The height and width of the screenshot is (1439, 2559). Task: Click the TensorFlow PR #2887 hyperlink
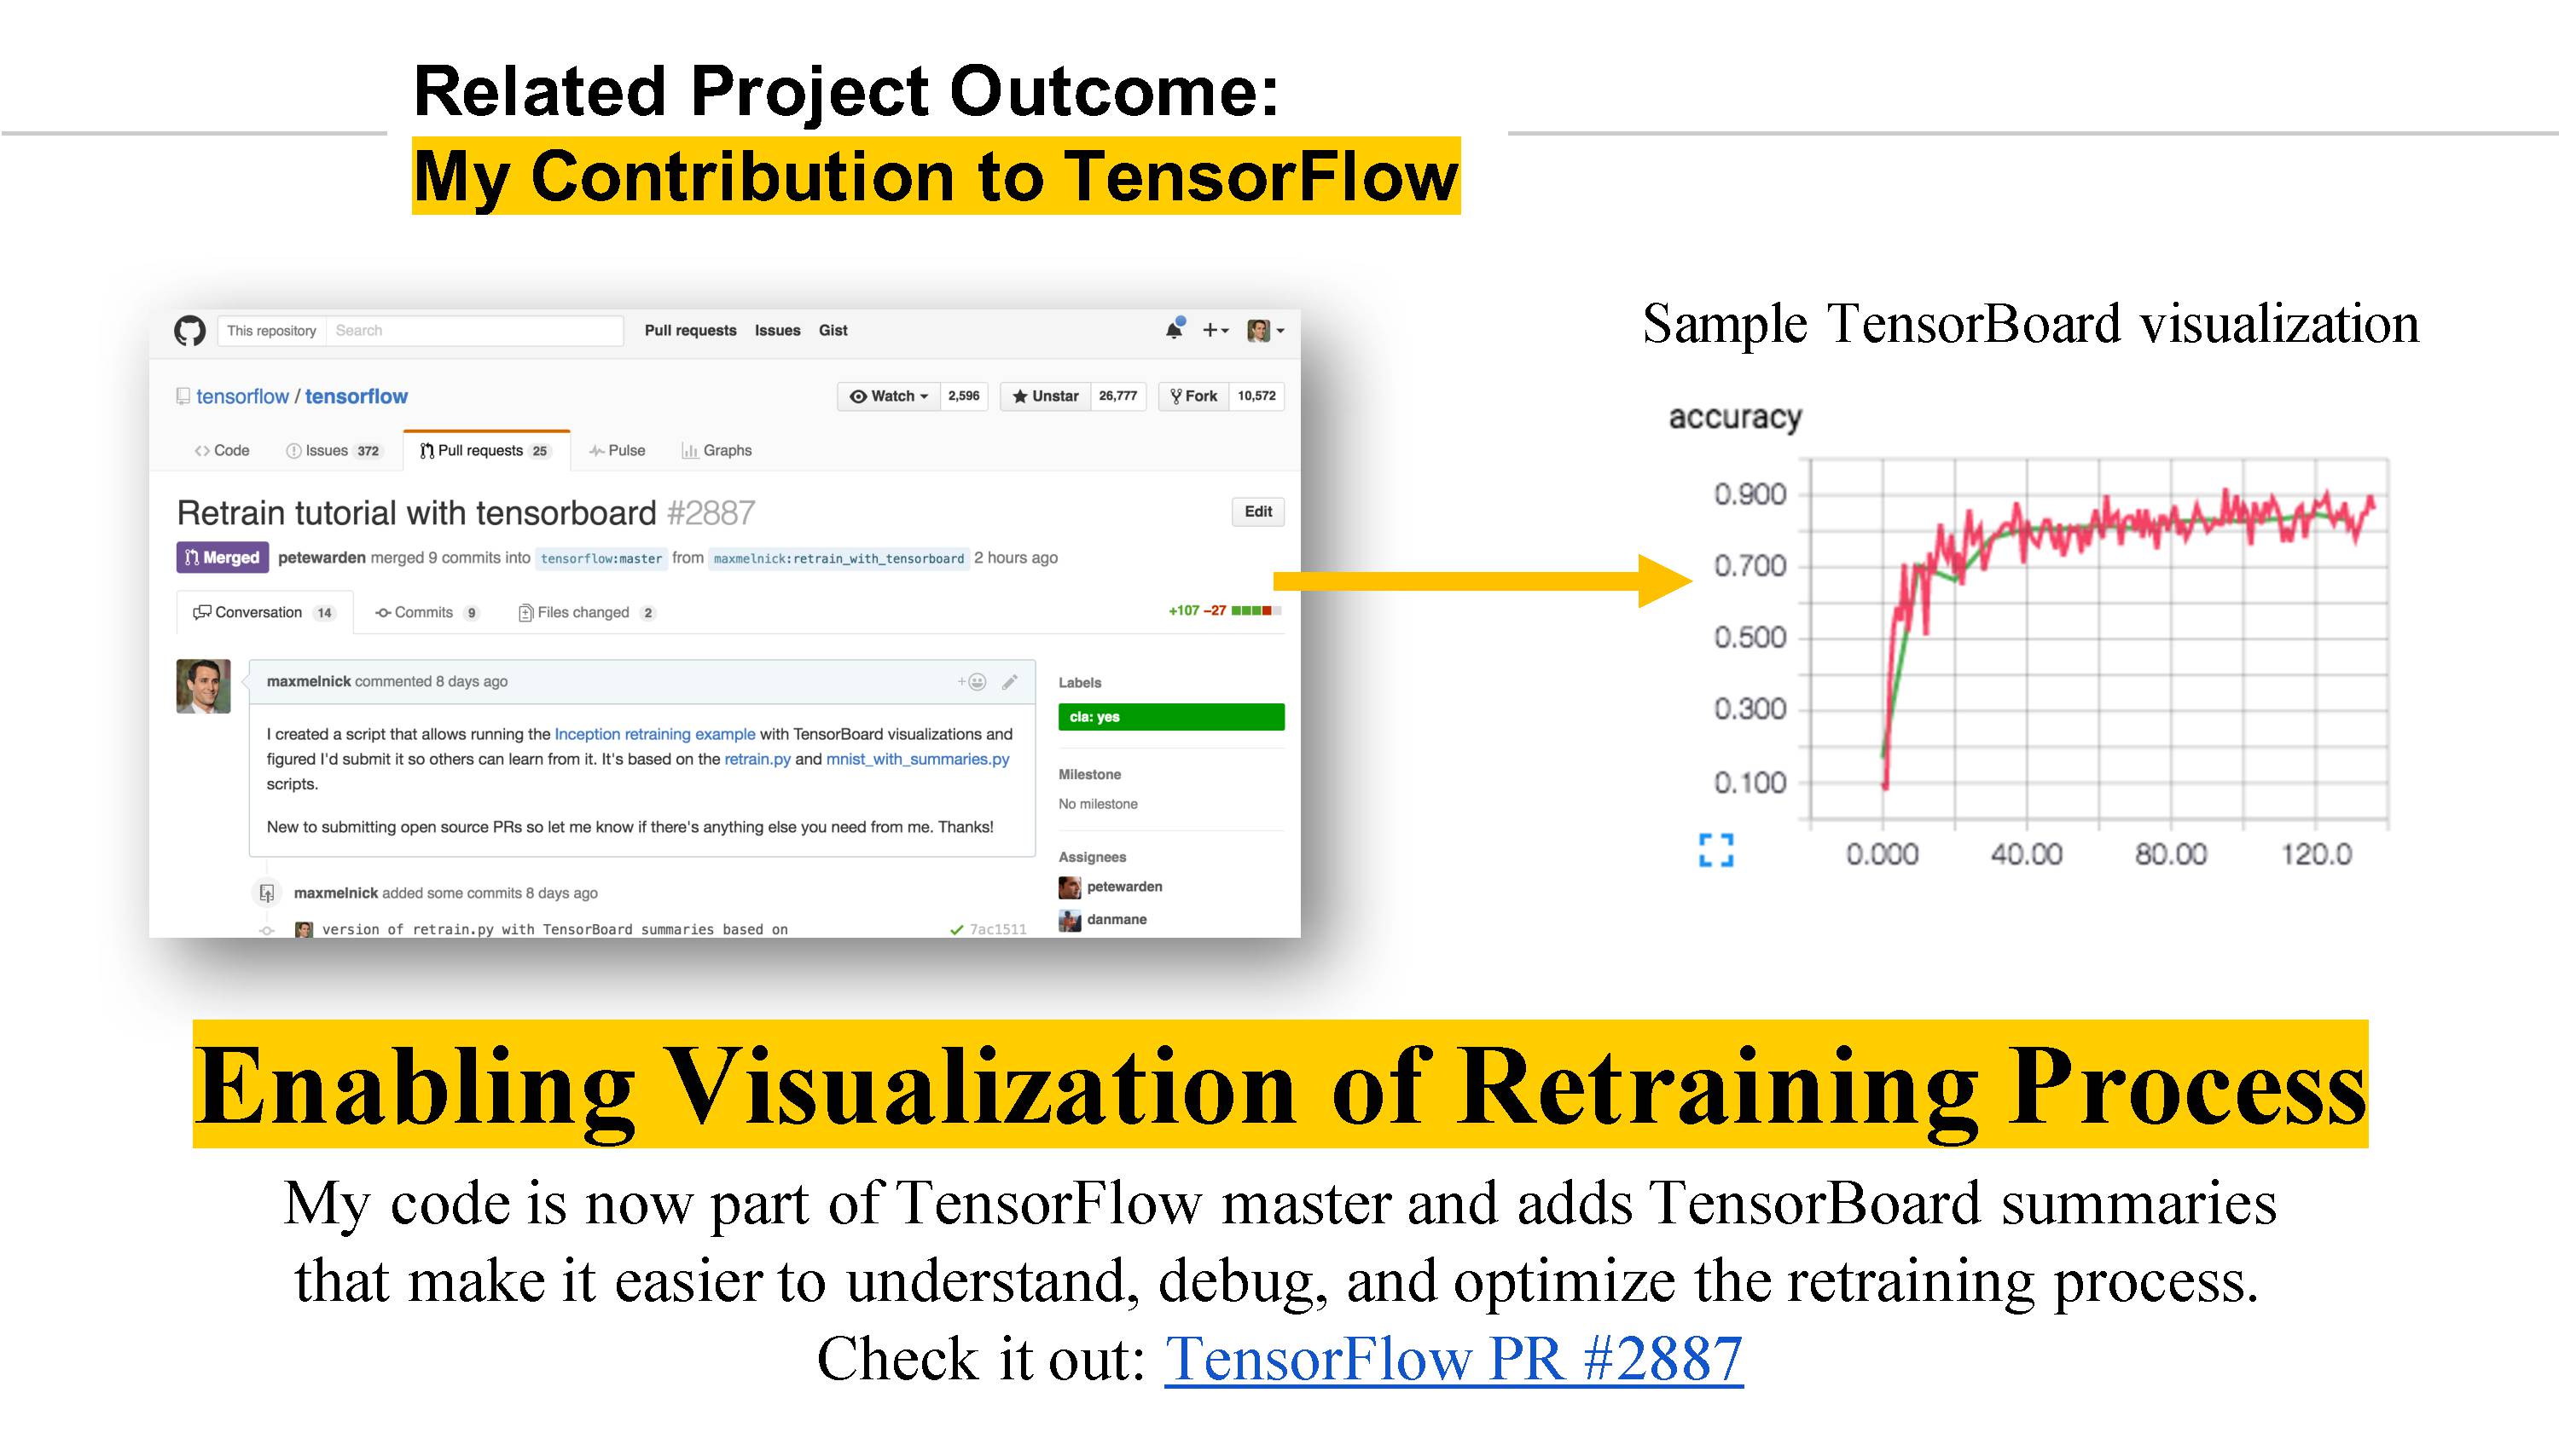coord(1454,1359)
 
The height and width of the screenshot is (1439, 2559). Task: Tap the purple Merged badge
coord(223,558)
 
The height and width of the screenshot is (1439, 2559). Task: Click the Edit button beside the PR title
coord(1257,511)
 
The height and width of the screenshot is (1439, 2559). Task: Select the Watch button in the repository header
coord(889,396)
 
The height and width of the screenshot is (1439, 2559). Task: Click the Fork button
coord(1194,396)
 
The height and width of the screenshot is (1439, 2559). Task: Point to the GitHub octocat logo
coord(189,331)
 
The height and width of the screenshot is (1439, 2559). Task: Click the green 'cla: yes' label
coord(1171,717)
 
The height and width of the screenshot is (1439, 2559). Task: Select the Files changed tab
coord(586,613)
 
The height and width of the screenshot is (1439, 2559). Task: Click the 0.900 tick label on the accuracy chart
coord(1750,494)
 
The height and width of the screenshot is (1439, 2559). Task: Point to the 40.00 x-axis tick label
coord(2027,854)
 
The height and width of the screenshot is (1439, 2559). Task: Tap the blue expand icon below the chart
coord(1716,850)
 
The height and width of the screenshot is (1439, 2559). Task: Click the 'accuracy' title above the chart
coord(1734,418)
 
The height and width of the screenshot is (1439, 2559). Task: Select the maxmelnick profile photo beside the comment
coord(204,686)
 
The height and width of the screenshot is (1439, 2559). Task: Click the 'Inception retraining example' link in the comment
coord(654,734)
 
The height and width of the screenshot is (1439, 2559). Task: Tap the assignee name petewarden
coord(1124,887)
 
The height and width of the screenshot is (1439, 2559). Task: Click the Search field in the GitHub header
coord(474,331)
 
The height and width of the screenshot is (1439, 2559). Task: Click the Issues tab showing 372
coord(334,451)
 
